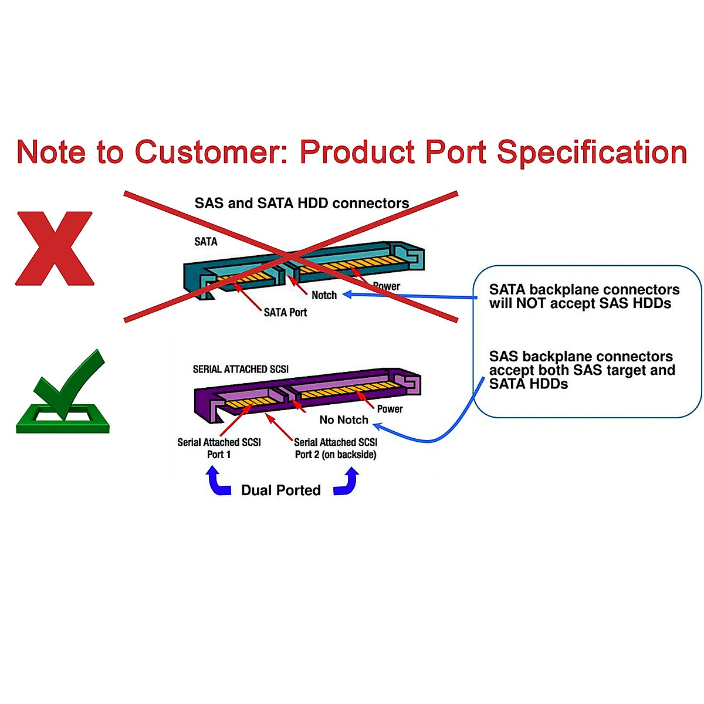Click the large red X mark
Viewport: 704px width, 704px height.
(55, 249)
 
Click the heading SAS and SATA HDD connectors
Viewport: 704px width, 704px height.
(302, 204)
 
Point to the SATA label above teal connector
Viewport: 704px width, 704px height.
(205, 242)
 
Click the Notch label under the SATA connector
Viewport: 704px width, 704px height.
(324, 295)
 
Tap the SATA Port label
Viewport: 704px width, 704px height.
(285, 313)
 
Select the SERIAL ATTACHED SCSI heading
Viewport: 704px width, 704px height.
(241, 369)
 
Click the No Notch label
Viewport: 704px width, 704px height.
(344, 420)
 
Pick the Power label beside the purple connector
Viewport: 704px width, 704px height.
(390, 409)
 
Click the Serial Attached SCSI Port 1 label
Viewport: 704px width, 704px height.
(219, 448)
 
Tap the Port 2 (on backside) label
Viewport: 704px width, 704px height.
(336, 455)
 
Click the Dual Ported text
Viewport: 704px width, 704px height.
(280, 490)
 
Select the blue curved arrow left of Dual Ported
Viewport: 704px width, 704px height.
(218, 482)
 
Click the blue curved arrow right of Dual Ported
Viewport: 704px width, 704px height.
(347, 482)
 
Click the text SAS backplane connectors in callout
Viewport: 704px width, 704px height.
(581, 357)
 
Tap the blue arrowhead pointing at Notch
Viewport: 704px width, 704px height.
(347, 295)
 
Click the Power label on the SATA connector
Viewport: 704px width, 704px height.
(387, 286)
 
